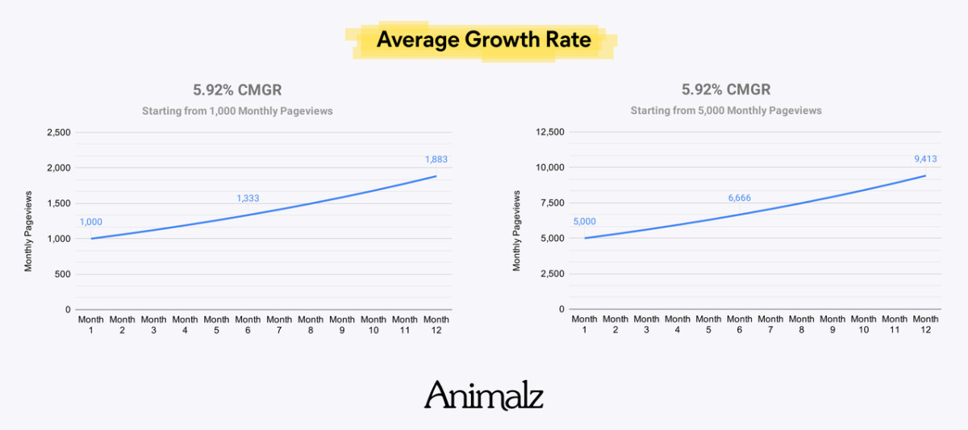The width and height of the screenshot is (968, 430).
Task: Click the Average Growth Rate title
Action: coord(483,40)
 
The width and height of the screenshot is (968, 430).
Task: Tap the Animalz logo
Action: coord(483,395)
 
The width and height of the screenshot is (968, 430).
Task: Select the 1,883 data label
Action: coord(436,160)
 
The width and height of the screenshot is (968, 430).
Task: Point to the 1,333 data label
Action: coord(248,198)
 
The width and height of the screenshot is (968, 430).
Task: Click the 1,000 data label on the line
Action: coord(91,222)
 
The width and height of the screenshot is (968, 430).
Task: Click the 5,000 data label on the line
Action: coord(585,222)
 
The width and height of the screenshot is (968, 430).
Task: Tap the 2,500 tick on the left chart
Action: coord(57,132)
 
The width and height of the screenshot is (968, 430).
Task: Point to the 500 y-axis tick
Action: coord(63,274)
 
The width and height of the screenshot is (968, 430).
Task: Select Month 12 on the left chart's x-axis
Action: coord(436,325)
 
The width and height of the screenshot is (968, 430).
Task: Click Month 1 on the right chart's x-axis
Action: coord(585,325)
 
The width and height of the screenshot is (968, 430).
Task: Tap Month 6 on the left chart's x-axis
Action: coord(248,325)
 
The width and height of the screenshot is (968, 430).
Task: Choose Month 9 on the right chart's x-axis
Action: coord(832,325)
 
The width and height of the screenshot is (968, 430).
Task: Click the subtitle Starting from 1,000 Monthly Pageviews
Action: coord(237,111)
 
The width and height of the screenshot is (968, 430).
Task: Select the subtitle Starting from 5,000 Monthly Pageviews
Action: coord(726,111)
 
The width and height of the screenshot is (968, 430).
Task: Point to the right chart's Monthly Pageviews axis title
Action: coord(517,231)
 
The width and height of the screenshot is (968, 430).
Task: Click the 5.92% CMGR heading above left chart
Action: coord(237,90)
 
